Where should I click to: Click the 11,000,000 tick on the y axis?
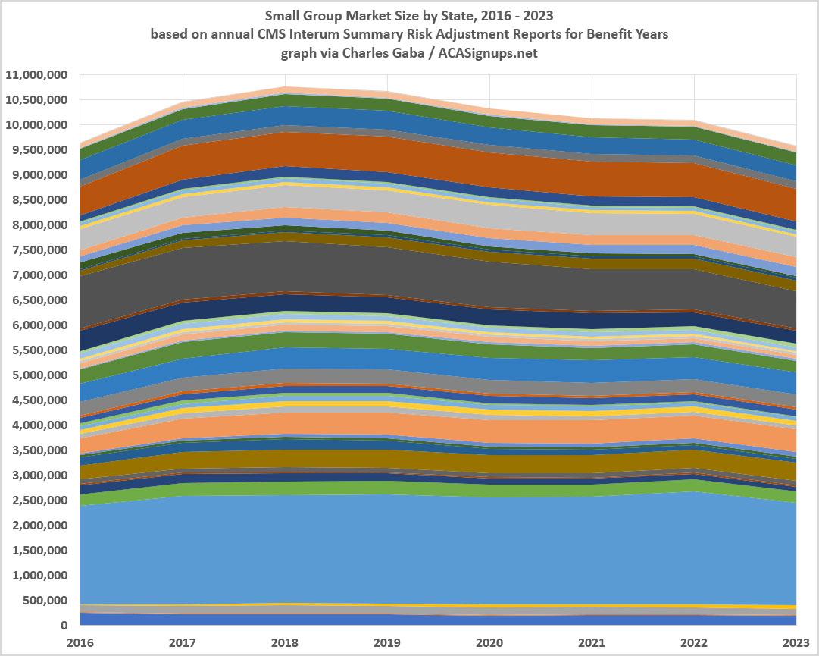pyautogui.click(x=36, y=75)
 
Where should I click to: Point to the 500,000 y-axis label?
pyautogui.click(x=43, y=601)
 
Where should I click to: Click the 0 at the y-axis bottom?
pyautogui.click(x=65, y=626)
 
